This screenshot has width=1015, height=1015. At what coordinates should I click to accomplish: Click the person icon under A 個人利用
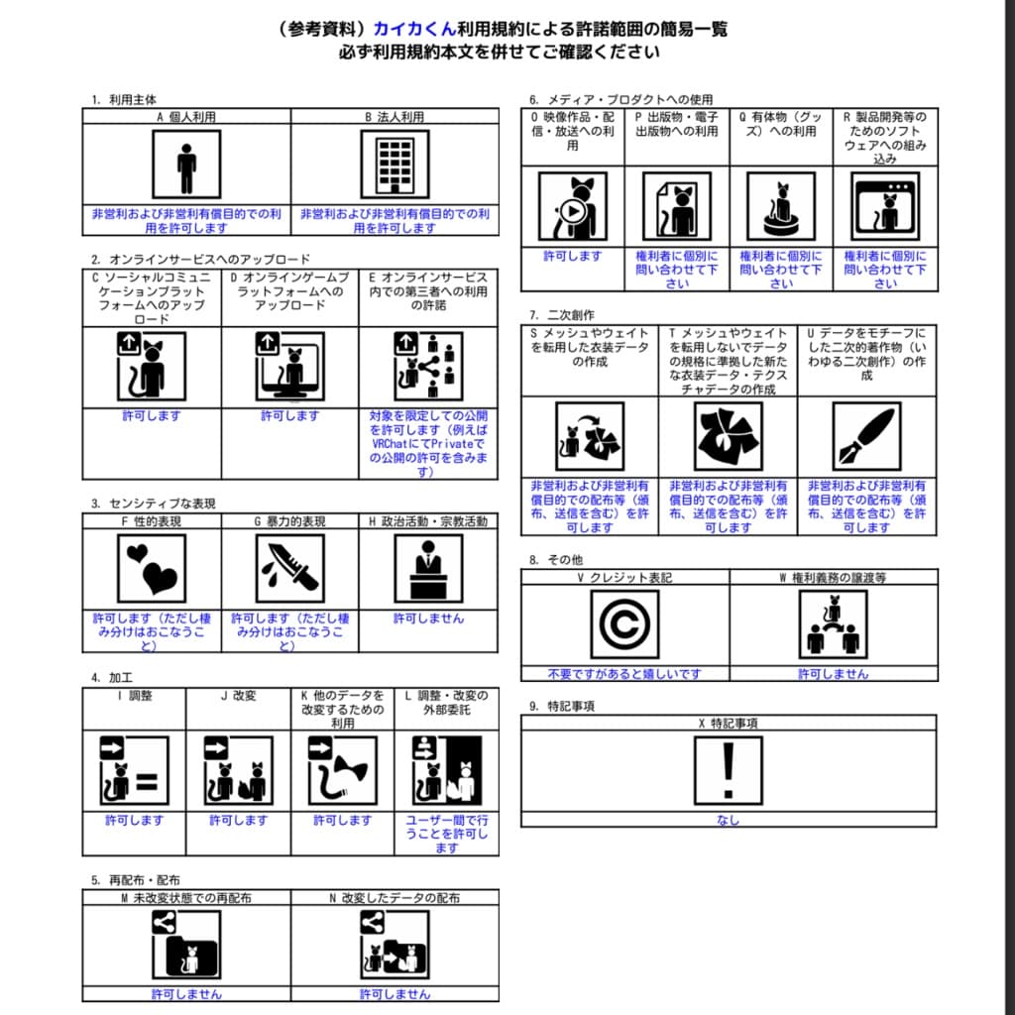(x=186, y=165)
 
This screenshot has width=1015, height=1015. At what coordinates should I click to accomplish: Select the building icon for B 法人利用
(x=395, y=165)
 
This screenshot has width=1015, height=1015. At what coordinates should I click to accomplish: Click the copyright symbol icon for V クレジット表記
(x=624, y=625)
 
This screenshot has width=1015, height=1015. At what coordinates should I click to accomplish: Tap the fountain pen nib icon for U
(x=866, y=436)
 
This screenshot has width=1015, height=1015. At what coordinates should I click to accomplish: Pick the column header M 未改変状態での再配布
(x=186, y=898)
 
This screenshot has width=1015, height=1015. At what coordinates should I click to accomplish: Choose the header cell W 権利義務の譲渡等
(x=833, y=577)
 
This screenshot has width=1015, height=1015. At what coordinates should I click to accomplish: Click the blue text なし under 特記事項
(x=729, y=820)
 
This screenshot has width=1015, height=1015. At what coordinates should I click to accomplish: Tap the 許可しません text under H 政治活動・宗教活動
(x=428, y=619)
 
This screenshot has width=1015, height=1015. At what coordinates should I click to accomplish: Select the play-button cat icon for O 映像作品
(x=572, y=206)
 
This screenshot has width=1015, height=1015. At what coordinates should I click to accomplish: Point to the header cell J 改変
(x=238, y=696)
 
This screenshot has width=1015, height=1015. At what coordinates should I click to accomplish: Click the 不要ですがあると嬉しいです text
(x=624, y=674)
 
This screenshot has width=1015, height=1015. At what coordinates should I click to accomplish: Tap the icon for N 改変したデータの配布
(x=395, y=945)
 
